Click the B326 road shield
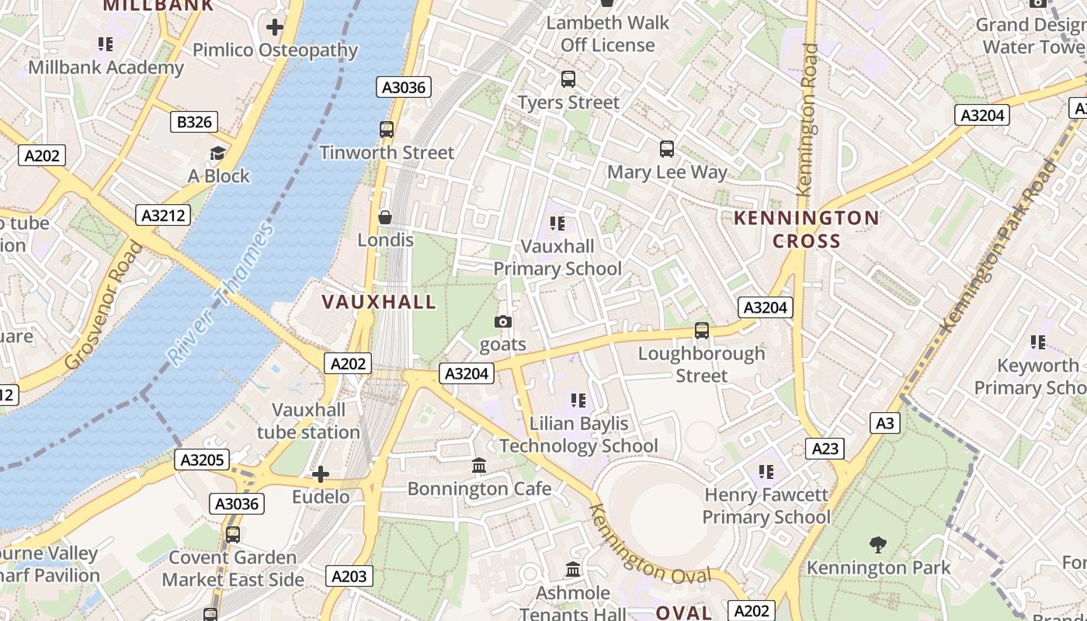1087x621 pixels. [193, 122]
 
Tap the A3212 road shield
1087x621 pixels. [163, 215]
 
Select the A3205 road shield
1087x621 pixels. [202, 460]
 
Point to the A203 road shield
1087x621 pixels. [349, 576]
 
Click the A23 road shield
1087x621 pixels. [825, 449]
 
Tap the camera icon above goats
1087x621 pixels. [503, 321]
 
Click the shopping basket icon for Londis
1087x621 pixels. [385, 217]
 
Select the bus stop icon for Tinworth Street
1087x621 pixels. [387, 130]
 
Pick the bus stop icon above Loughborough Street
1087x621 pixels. [702, 331]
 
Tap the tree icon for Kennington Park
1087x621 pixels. [878, 545]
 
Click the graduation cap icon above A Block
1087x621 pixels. [218, 154]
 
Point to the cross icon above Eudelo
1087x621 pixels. [321, 474]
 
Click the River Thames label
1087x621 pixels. [222, 295]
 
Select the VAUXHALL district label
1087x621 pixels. [379, 302]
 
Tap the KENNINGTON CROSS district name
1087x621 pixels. [807, 229]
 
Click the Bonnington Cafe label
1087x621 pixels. [479, 489]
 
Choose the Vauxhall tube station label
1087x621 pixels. [308, 421]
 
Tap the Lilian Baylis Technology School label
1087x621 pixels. [578, 435]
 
